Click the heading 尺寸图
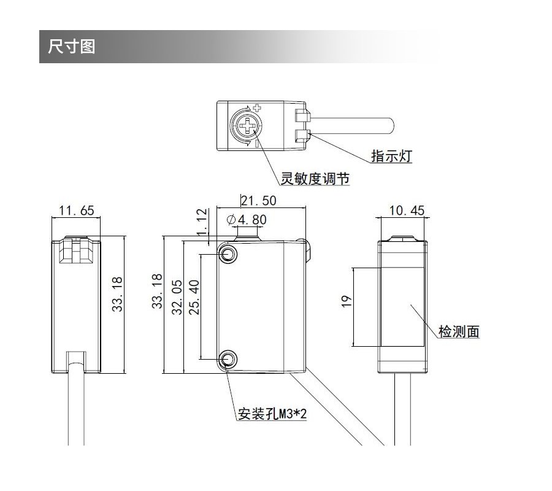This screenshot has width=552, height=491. (x=72, y=47)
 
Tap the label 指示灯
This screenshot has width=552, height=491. (x=391, y=156)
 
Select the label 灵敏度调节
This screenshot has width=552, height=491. (x=315, y=179)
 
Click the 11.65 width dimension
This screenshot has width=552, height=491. (x=77, y=211)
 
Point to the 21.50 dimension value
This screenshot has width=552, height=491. (x=258, y=200)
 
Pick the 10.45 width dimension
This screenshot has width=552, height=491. (x=406, y=211)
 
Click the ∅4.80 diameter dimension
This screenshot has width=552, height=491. (x=247, y=219)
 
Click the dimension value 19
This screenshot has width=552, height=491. (x=347, y=301)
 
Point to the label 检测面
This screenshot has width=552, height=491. (x=459, y=332)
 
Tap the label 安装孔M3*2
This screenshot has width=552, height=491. (x=271, y=415)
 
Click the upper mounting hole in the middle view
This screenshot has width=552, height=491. (x=229, y=253)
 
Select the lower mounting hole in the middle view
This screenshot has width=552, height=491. (x=229, y=358)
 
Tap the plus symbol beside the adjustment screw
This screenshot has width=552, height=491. (x=257, y=107)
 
